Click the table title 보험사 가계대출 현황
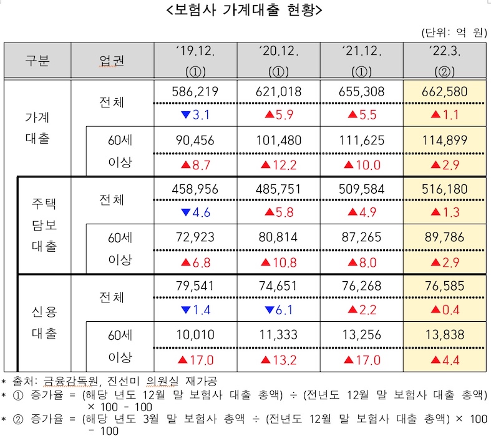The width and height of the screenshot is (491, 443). [245, 10]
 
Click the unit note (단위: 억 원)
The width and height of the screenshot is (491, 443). [454, 32]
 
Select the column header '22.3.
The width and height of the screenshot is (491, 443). [444, 51]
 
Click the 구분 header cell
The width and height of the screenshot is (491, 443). [37, 60]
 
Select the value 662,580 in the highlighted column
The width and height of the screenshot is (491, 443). [444, 91]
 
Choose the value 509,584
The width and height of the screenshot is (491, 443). [361, 188]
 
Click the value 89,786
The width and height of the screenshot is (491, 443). [444, 237]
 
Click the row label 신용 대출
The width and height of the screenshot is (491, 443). [44, 322]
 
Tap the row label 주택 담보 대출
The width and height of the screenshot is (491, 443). [44, 225]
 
